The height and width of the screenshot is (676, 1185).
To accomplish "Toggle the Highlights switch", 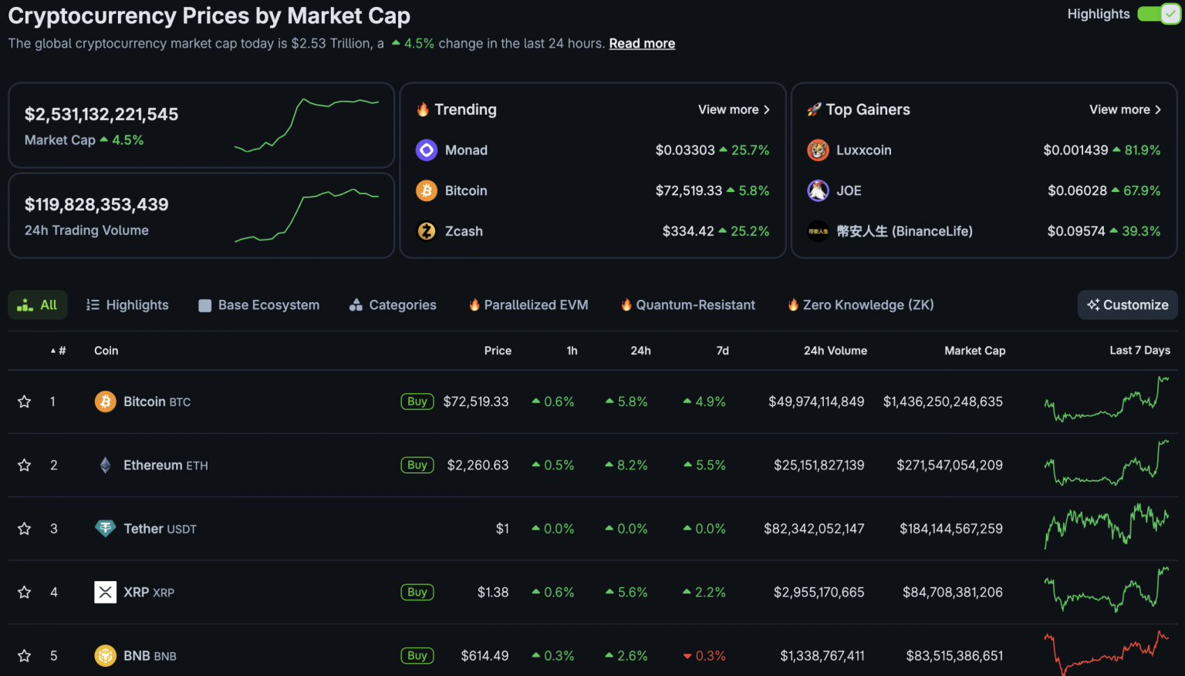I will (x=1159, y=14).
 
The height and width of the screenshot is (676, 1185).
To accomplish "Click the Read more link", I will (x=642, y=44).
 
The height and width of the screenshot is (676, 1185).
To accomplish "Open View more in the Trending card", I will (x=734, y=109).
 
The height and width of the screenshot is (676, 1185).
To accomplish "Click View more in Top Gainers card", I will (x=1125, y=109).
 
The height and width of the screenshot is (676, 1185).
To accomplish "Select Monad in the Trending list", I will (x=466, y=150).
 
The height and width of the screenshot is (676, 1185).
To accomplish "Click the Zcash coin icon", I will (x=427, y=231).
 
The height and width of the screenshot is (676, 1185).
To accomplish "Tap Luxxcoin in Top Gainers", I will (x=863, y=150).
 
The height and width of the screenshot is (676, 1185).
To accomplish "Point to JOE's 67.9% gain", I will (x=1142, y=190).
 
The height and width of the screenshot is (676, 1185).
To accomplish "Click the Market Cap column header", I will (x=974, y=351).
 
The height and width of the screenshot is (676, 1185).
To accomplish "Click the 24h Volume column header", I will (x=835, y=351).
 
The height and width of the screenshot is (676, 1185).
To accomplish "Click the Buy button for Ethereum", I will (x=417, y=466).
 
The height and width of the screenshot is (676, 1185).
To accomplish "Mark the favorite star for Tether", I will (x=25, y=529).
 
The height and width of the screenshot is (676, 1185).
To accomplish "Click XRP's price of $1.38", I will (x=492, y=593).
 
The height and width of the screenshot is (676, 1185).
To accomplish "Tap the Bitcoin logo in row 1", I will (x=106, y=402).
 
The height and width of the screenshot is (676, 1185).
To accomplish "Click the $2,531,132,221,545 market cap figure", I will (x=101, y=115).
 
